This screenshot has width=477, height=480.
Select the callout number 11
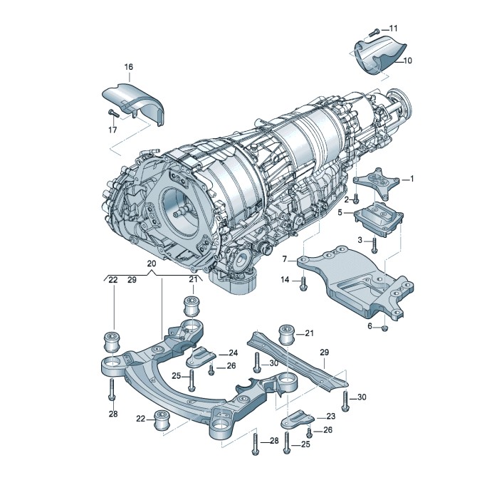pos(393,28)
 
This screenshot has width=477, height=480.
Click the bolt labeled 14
pos(303,283)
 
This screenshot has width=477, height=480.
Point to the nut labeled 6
pos(384,328)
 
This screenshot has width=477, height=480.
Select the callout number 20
pos(151,264)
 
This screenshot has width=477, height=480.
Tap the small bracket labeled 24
pos(205,354)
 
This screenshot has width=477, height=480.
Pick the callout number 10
pos(407,61)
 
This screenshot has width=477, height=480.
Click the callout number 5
pos(340,212)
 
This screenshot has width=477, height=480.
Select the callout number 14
pos(284,281)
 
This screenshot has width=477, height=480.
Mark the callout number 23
pos(330,417)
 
